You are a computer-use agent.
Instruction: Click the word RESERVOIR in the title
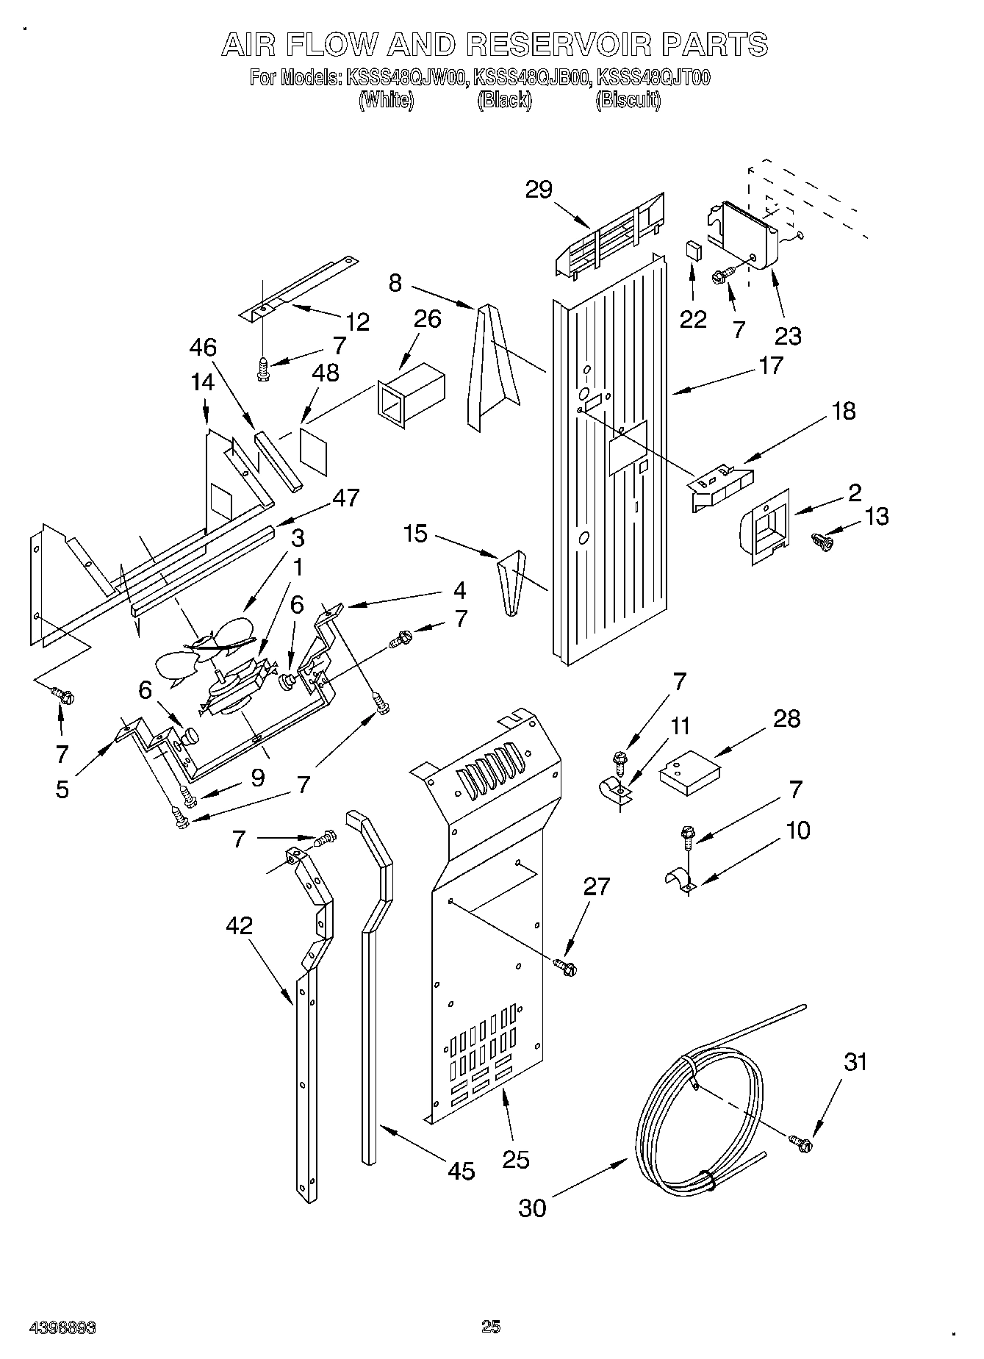coord(559,46)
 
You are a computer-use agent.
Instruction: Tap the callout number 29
coord(539,190)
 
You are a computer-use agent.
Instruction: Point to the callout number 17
coord(771,365)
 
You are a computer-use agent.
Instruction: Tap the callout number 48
coord(326,373)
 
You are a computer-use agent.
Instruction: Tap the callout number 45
coord(461,1171)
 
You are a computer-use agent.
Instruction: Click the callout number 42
coord(240,925)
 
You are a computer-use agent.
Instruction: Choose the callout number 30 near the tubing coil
coord(532,1207)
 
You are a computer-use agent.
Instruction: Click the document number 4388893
coord(62,1327)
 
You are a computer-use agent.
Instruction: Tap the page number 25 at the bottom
coord(491,1326)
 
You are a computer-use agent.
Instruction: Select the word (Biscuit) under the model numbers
coord(627,101)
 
